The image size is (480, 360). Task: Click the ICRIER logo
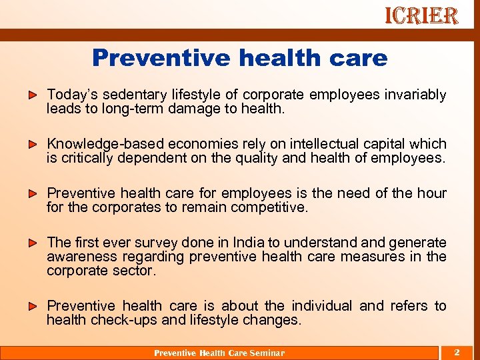421,16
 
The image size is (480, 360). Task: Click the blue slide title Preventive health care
239,58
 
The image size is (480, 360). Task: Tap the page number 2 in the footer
457,352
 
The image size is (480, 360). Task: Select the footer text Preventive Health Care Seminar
219,353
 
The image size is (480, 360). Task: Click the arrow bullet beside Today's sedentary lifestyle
33,95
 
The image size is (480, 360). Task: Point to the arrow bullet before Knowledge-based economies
33,144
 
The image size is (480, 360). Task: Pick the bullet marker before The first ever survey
33,243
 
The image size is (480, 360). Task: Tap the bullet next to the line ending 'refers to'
33,306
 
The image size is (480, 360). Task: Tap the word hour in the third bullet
431,193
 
